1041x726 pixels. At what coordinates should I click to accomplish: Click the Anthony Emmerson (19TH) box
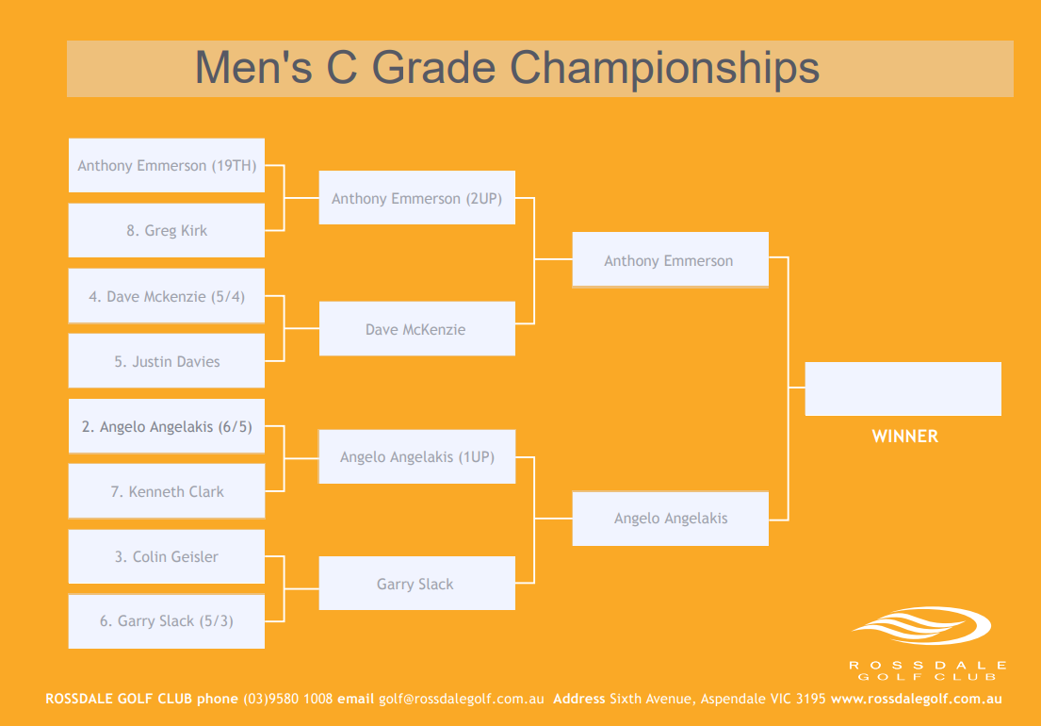[167, 165]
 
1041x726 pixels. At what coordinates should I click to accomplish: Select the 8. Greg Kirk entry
[167, 230]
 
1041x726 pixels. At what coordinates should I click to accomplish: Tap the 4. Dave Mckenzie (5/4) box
[167, 295]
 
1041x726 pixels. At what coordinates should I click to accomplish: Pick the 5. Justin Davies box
[167, 361]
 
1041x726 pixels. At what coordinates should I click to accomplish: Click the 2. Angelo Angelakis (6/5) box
[167, 426]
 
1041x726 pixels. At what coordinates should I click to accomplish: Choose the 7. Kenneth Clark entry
[167, 491]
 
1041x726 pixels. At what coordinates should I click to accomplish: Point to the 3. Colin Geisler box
[167, 556]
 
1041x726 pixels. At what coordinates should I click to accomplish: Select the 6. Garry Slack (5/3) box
[167, 621]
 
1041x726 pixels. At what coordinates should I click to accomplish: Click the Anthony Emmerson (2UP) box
[417, 198]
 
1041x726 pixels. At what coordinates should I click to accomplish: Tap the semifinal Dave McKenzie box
[417, 329]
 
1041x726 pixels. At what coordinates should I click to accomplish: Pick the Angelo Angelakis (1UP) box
[417, 457]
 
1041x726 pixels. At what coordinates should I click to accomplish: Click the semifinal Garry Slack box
[417, 584]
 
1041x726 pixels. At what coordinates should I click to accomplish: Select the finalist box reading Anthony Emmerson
[671, 259]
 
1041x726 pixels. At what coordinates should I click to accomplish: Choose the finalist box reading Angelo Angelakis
[671, 519]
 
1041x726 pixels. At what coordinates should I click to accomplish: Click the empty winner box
[903, 389]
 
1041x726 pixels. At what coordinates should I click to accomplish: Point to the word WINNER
[905, 437]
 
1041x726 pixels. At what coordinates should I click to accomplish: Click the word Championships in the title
[664, 69]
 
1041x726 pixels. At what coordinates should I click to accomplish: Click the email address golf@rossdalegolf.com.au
[462, 699]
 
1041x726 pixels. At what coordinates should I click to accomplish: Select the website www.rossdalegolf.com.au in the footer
[917, 699]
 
